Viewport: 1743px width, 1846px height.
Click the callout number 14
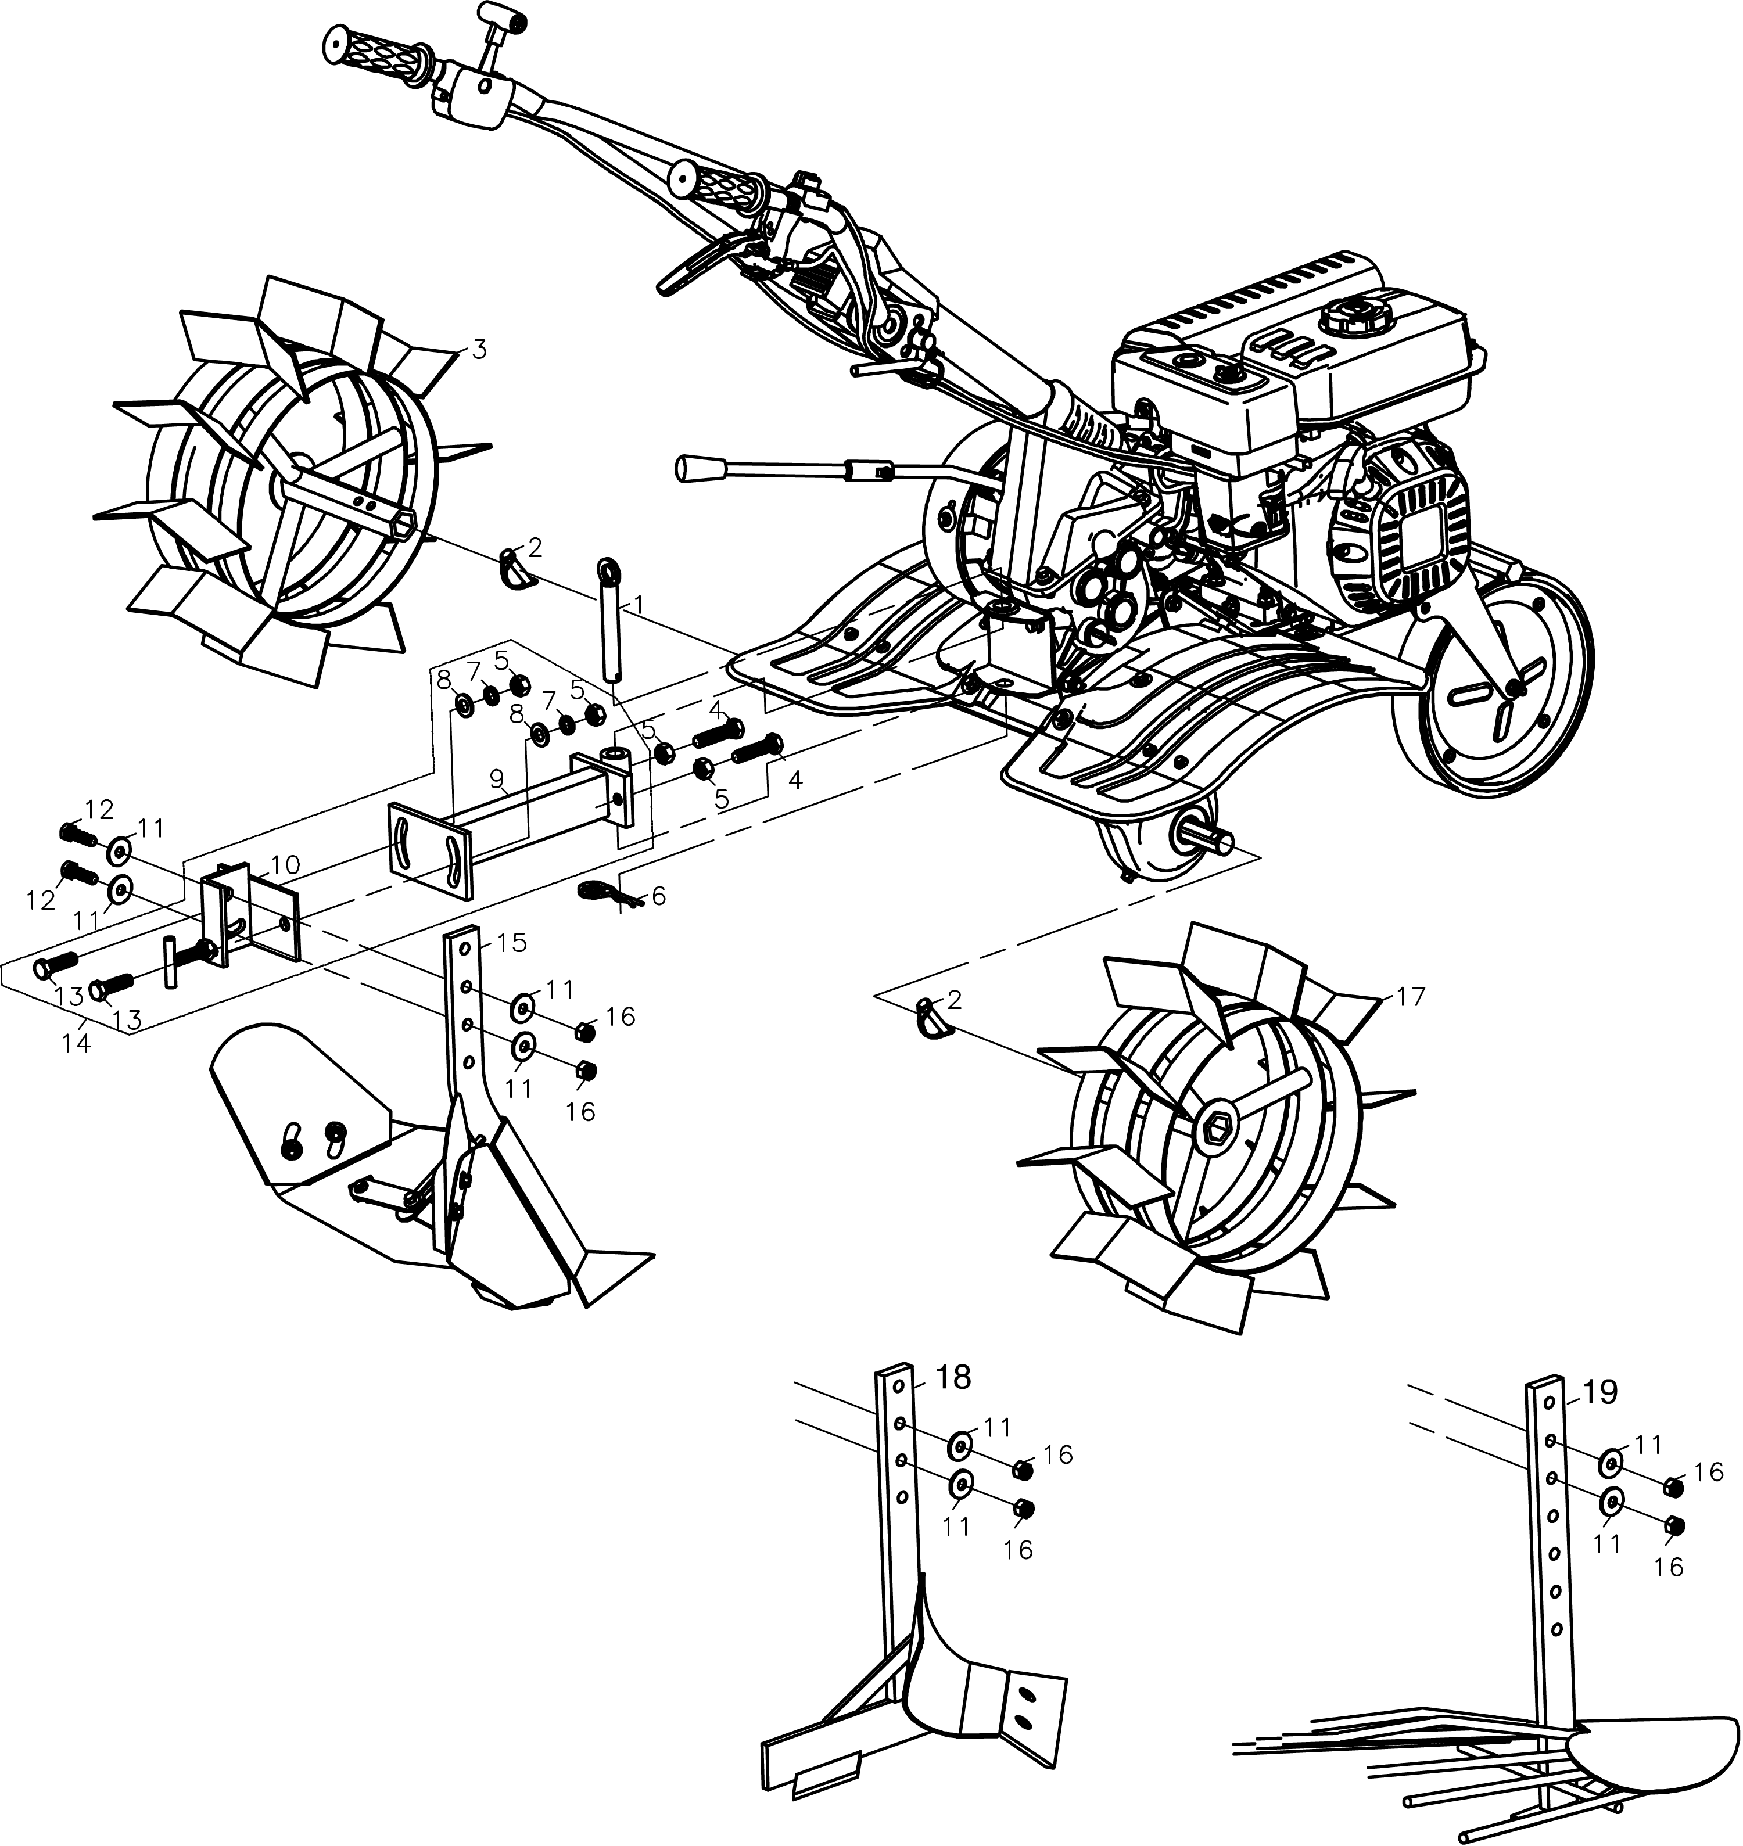(76, 1043)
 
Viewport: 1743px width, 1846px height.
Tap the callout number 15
(512, 942)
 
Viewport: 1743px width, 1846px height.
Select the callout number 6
(659, 896)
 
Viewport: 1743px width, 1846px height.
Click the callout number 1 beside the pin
(639, 605)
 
